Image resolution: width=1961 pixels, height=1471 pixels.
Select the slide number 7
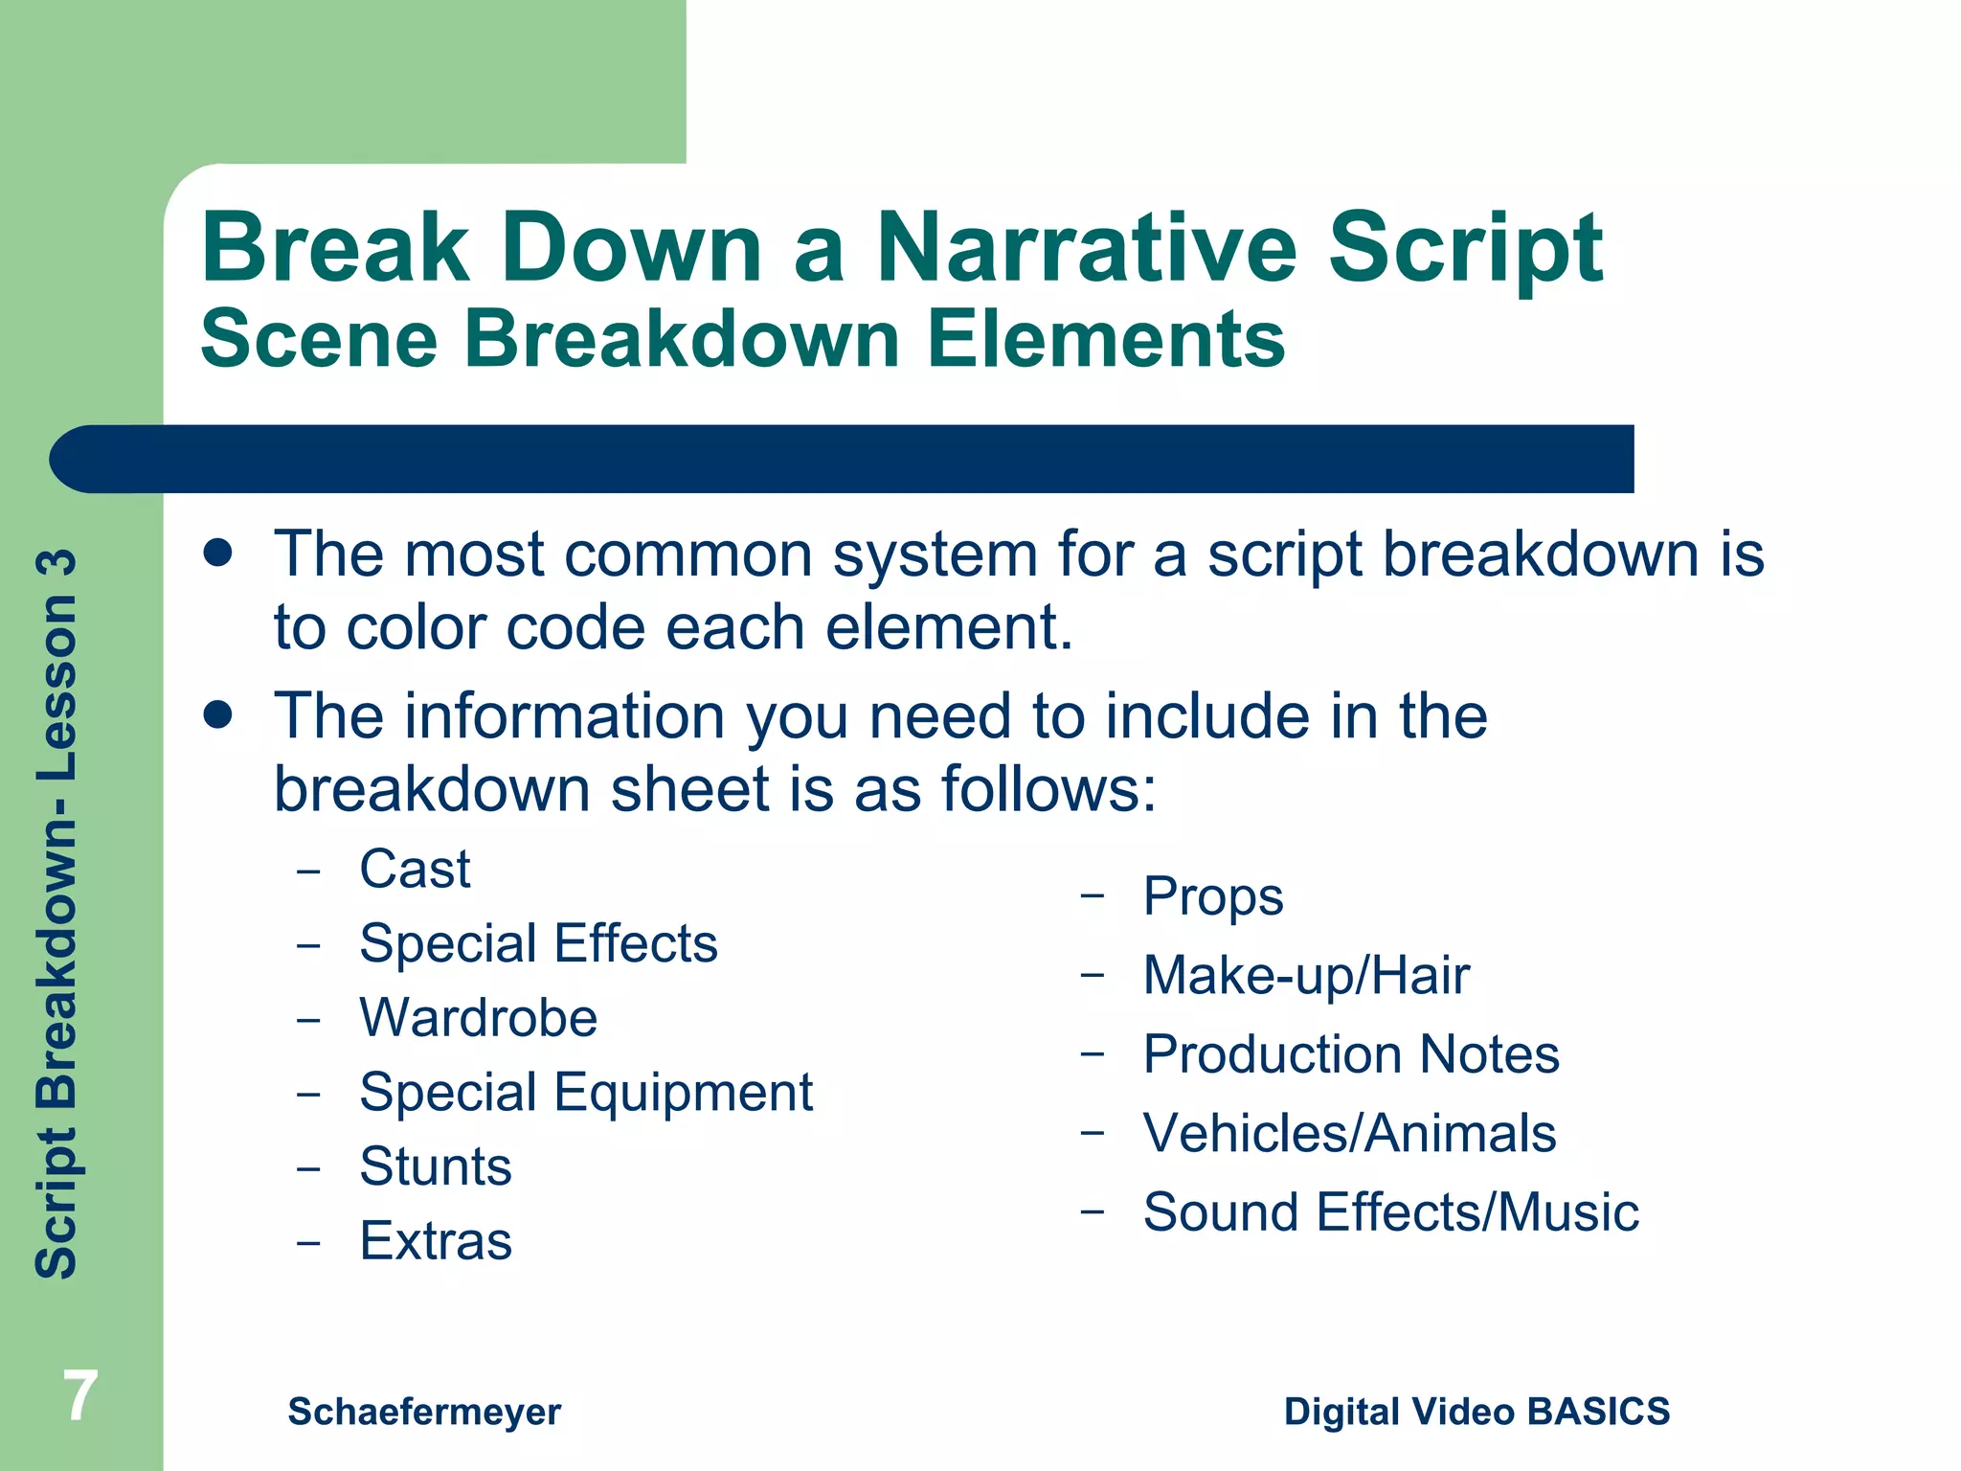coord(80,1396)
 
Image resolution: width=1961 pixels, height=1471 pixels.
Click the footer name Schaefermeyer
coord(424,1412)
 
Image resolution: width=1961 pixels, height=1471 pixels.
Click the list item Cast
coord(415,870)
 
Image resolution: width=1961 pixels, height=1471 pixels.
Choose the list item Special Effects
coord(538,943)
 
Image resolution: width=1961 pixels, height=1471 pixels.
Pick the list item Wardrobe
coord(478,1017)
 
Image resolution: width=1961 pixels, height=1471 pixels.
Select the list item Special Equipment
coord(585,1092)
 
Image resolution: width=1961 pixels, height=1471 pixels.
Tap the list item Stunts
coord(436,1166)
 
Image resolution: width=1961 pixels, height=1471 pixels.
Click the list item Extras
coord(436,1241)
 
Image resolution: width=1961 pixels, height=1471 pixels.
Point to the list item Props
coord(1212,897)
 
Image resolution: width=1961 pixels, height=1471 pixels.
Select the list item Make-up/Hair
coord(1306,976)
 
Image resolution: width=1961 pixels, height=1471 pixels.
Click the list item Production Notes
coord(1350,1054)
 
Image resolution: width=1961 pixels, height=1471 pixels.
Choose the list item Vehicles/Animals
coord(1349,1134)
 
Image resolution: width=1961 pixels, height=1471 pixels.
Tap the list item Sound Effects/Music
coord(1390,1212)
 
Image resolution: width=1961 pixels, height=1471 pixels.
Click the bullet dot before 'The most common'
coord(218,553)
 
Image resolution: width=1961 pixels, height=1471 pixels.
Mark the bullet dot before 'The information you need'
coord(218,714)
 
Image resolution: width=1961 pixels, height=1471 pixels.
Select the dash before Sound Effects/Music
coord(1093,1211)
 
